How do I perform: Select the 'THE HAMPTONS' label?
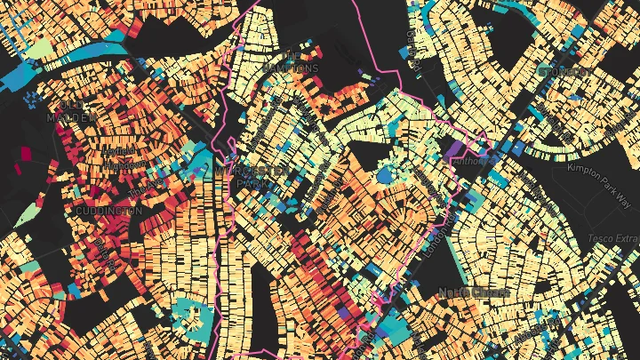point(288,61)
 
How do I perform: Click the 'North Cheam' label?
point(474,292)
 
